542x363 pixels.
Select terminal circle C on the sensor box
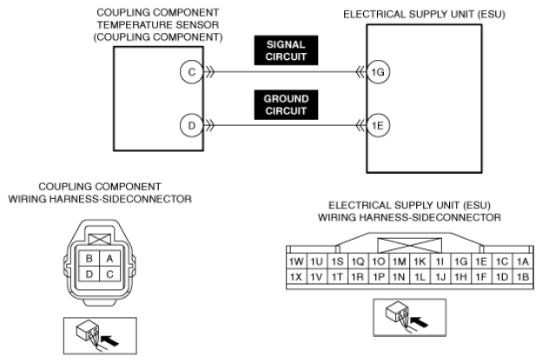click(191, 74)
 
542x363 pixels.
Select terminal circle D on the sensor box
click(191, 126)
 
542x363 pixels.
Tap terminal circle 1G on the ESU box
click(376, 74)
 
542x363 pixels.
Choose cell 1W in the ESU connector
click(296, 261)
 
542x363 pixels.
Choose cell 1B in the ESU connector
click(523, 276)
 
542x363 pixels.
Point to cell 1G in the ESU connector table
click(461, 261)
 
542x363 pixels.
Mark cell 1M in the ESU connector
click(400, 261)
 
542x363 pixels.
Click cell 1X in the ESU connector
click(296, 276)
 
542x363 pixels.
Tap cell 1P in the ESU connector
click(379, 276)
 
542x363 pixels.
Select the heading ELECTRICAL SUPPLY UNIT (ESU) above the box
click(424, 15)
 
